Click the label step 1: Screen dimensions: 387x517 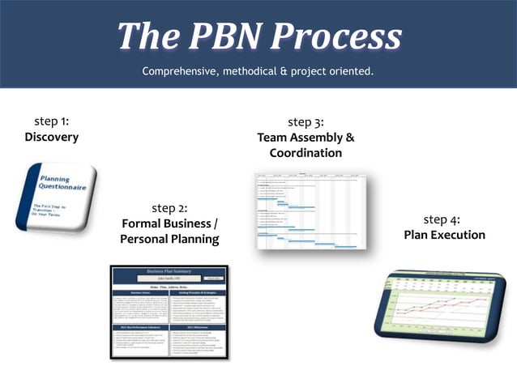coord(51,121)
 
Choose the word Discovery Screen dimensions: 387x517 coord(51,137)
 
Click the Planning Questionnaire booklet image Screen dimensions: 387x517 coord(56,197)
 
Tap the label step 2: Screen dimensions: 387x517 coord(169,208)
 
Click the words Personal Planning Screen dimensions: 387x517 coord(169,240)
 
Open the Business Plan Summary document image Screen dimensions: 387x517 coord(169,311)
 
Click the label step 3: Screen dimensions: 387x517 coord(305,122)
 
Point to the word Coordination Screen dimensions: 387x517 coord(305,153)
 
